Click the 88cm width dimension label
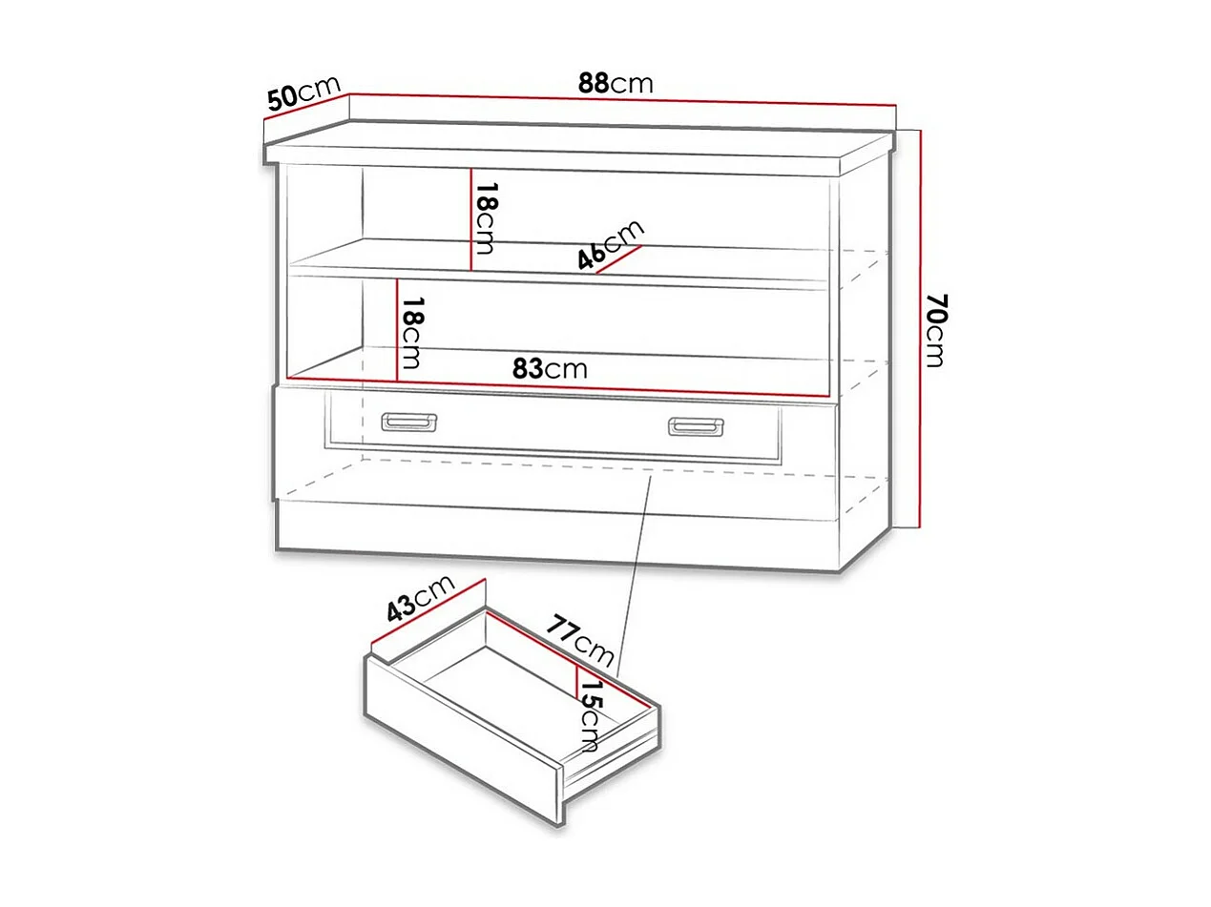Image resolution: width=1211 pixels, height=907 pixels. coord(616,83)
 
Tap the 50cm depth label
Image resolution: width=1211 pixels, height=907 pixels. coord(303,94)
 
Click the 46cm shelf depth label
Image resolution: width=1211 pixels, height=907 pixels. coord(611,243)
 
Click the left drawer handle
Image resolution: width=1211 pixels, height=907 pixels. coord(408,422)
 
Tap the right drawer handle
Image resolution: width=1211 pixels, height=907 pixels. coord(696,425)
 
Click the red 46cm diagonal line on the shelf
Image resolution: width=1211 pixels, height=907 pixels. coord(617,259)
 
